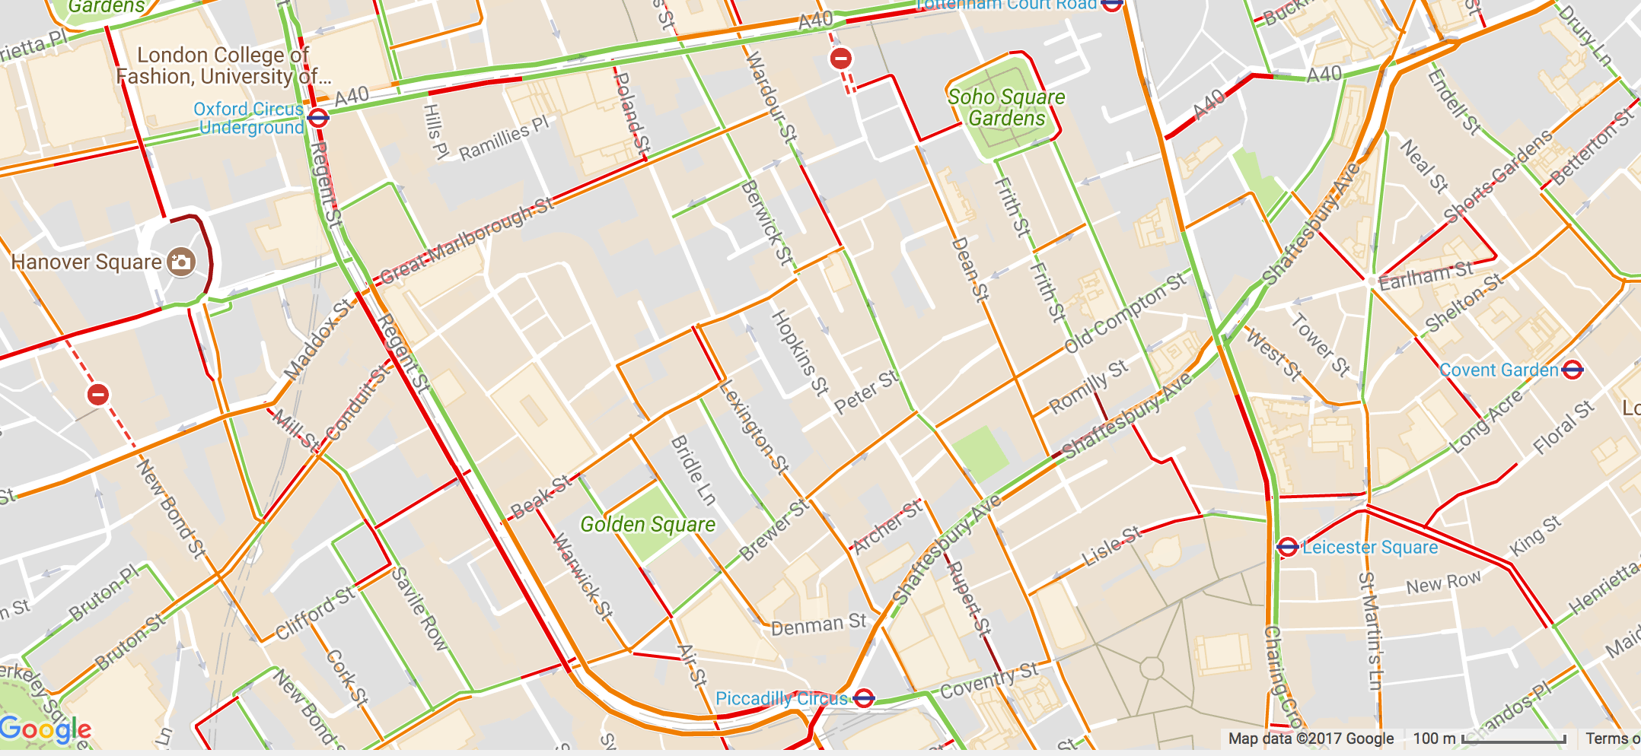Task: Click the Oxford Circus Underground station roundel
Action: (x=318, y=118)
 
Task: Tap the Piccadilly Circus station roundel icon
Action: (x=863, y=698)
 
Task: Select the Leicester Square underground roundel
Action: (x=1287, y=547)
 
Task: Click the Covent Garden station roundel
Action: (x=1572, y=370)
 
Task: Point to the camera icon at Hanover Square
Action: (x=181, y=262)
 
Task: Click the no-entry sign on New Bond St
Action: (x=98, y=395)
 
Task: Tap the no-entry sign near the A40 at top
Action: (x=841, y=59)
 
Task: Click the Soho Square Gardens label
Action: (x=1006, y=108)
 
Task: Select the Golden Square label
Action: (x=648, y=525)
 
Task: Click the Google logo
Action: (x=46, y=730)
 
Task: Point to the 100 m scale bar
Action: (x=1513, y=739)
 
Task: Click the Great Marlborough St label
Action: (x=467, y=241)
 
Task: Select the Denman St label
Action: (x=818, y=625)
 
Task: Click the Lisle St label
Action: (x=1111, y=546)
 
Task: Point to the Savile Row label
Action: (x=419, y=608)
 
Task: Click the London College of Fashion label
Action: (x=222, y=65)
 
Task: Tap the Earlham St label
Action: (x=1426, y=276)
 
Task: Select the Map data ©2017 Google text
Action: (x=1311, y=739)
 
